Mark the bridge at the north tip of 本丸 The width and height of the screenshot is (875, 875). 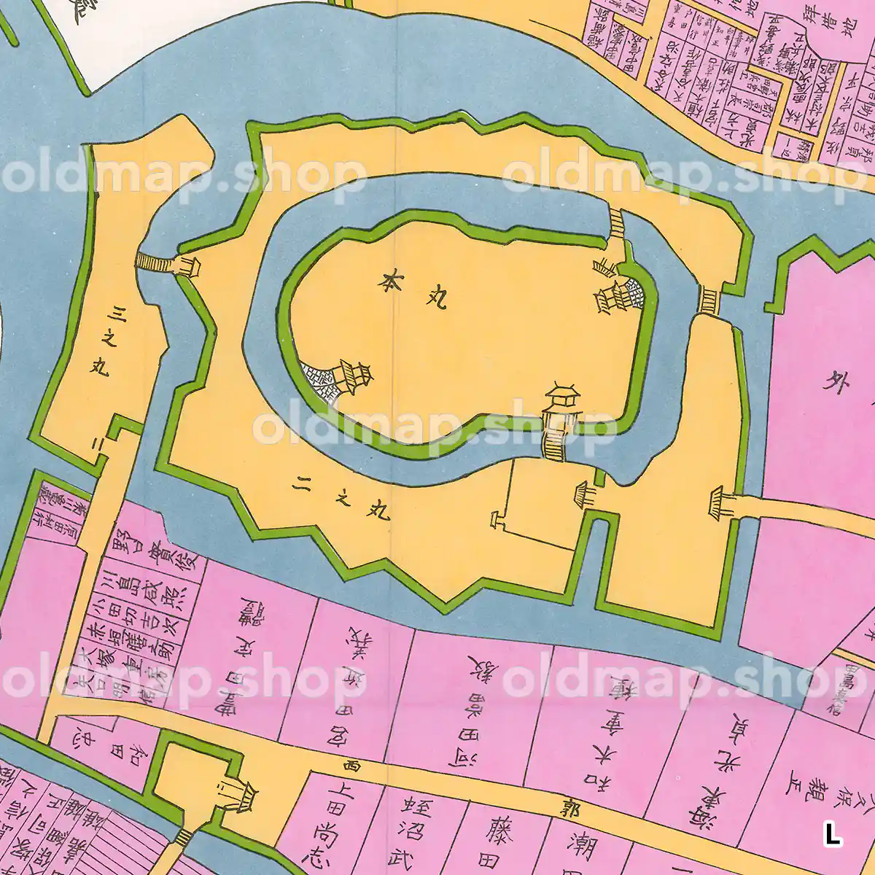tap(617, 222)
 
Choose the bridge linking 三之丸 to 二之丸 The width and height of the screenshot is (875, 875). tap(153, 262)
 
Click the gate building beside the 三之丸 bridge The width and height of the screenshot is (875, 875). tap(189, 265)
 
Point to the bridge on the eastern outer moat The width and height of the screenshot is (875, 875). tap(708, 300)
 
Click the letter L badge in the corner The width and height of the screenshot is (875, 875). tap(832, 833)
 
